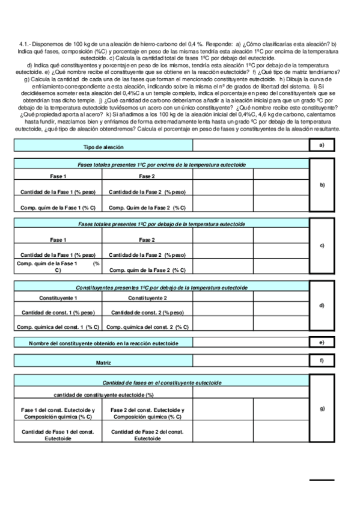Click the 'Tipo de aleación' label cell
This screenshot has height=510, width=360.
coord(103,147)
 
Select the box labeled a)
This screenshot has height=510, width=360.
coord(322,146)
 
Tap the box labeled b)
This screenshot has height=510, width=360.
coord(322,185)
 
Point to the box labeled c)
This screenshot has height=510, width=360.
coord(322,245)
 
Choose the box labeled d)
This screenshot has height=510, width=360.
coord(322,306)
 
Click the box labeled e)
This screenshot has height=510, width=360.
coord(322,343)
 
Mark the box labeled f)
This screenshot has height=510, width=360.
coord(322,361)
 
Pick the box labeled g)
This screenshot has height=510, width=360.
coord(322,409)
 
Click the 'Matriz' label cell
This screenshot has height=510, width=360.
coord(103,363)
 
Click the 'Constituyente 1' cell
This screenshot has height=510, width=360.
coord(58,298)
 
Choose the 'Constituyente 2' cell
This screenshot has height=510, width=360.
coord(147,298)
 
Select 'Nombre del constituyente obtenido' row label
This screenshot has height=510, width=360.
coord(103,343)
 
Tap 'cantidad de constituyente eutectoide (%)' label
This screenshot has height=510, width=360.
coord(103,395)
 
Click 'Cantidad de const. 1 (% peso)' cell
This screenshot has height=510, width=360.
coord(58,313)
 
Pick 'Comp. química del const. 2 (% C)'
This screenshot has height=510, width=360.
coord(147,327)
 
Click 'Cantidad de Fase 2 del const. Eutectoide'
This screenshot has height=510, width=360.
coord(147,435)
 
